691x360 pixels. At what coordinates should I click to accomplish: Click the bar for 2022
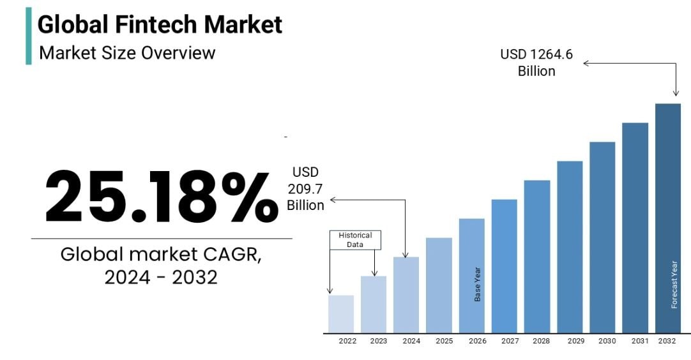[x=341, y=313]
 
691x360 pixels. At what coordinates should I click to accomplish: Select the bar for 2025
[x=439, y=285]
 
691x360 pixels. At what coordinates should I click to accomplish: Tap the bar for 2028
[x=537, y=256]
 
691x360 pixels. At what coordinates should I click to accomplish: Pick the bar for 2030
[x=602, y=237]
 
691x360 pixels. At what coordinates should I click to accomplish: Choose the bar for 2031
[x=635, y=227]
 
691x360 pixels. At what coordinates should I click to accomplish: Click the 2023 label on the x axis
[x=378, y=341]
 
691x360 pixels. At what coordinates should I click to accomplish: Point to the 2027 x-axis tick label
[x=510, y=341]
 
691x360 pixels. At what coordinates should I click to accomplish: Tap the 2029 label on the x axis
[x=575, y=341]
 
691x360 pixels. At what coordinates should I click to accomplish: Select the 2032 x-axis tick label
[x=667, y=341]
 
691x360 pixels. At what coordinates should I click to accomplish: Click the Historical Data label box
[x=355, y=240]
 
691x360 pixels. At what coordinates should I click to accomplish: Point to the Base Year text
[x=477, y=285]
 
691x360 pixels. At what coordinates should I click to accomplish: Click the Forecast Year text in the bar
[x=674, y=285]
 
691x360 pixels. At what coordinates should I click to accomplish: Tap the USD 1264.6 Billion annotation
[x=536, y=63]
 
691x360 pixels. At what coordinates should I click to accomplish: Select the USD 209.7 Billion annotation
[x=305, y=188]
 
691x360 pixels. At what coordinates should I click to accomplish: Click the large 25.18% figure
[x=161, y=197]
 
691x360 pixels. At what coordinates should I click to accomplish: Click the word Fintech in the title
[x=160, y=25]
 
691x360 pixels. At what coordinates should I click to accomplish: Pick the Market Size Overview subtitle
[x=127, y=52]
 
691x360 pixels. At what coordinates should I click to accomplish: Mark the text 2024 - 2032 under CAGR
[x=161, y=277]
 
